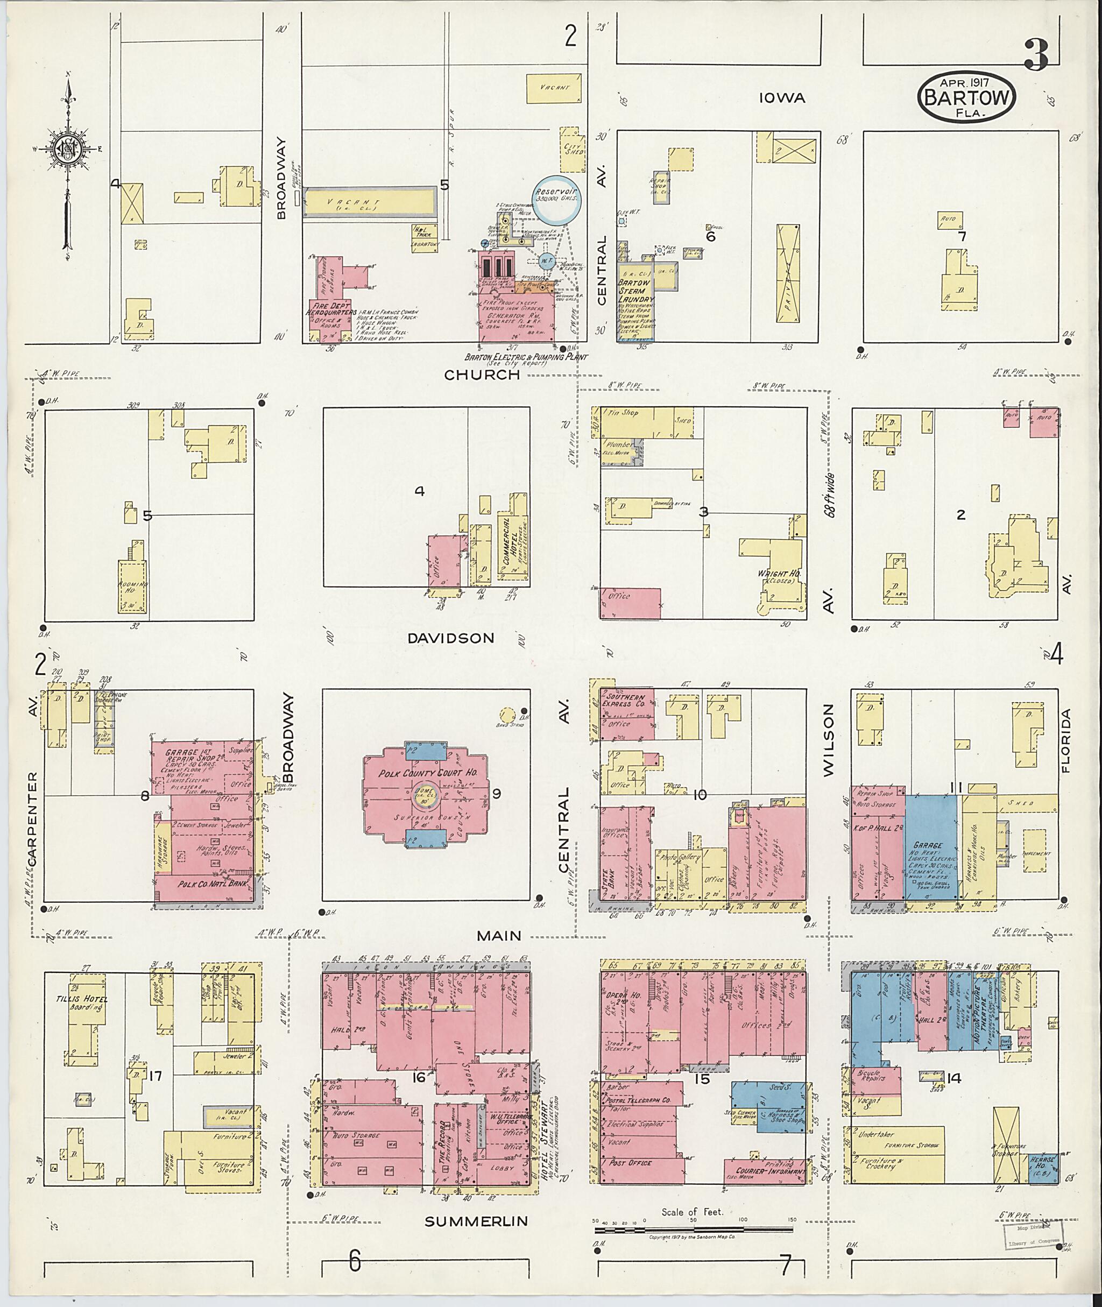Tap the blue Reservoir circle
point(556,198)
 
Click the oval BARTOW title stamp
point(966,98)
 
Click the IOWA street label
point(782,98)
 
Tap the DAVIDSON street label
point(450,638)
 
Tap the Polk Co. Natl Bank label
point(204,885)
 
